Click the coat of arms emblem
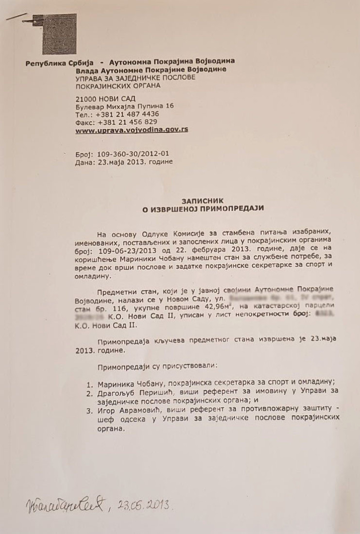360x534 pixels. click(59, 33)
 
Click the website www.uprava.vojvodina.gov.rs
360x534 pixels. click(132, 130)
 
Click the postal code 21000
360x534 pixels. click(89, 99)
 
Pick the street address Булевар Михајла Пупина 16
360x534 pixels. click(125, 106)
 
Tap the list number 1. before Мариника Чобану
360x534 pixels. click(89, 382)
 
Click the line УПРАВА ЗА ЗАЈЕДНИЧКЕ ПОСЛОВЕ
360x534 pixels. click(135, 78)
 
